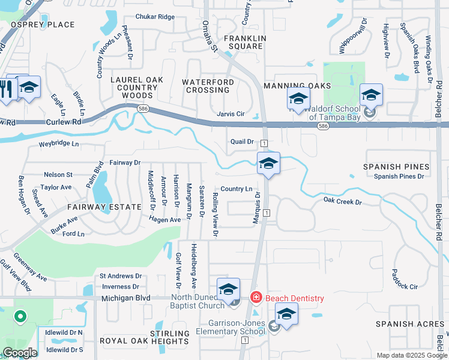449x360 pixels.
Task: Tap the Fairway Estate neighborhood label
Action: point(104,207)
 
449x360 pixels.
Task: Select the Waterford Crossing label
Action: point(206,86)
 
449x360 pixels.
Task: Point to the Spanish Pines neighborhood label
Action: point(396,166)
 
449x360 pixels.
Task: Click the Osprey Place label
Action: point(43,25)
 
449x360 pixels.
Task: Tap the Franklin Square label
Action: point(243,42)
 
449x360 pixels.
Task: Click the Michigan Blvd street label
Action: point(125,298)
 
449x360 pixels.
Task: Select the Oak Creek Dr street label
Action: point(342,202)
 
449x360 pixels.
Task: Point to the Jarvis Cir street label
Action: point(231,114)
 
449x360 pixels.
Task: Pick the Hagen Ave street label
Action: point(165,220)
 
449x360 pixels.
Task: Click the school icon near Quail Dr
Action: point(268,163)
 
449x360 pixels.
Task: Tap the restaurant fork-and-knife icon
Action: point(7,89)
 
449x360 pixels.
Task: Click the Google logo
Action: point(19,353)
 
